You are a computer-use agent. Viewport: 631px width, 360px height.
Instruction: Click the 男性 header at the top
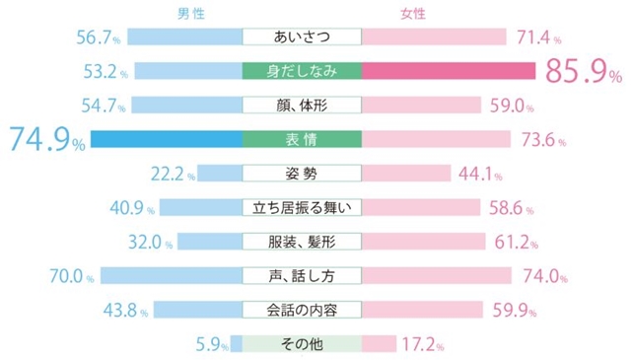(x=191, y=14)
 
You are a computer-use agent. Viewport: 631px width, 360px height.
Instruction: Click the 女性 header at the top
(x=413, y=14)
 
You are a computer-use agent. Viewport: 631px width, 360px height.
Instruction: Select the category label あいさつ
(x=302, y=37)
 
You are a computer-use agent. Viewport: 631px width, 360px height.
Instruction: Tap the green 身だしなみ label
(x=302, y=71)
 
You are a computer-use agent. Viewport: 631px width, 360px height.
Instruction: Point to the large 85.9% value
(x=584, y=71)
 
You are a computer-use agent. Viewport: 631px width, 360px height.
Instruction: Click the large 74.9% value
(x=47, y=139)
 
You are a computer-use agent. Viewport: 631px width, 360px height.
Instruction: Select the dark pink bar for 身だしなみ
(x=449, y=71)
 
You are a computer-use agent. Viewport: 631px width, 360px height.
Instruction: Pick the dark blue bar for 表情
(x=167, y=139)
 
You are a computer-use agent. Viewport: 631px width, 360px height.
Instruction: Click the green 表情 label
(x=302, y=139)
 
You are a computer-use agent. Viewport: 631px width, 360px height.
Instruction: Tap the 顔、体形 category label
(x=302, y=106)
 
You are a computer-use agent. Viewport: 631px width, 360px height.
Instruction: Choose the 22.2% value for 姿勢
(x=174, y=174)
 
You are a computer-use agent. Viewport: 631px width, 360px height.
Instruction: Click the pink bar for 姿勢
(x=406, y=174)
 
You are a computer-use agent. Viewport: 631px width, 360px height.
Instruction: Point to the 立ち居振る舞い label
(x=302, y=208)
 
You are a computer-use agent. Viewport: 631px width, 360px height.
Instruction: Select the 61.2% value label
(x=516, y=243)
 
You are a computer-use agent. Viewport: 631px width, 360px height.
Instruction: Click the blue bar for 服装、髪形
(x=210, y=242)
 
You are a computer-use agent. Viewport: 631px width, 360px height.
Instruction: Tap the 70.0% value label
(x=72, y=276)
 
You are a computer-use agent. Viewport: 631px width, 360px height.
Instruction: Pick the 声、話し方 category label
(x=302, y=276)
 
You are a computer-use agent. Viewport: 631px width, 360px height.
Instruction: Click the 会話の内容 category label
(x=302, y=310)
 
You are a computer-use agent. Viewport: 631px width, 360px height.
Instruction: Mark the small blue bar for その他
(x=237, y=344)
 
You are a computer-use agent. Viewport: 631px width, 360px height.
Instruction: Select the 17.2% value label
(x=423, y=344)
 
